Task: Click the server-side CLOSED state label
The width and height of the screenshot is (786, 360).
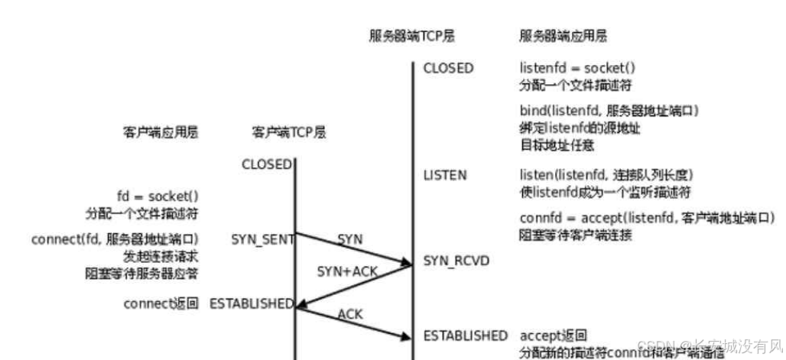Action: coord(448,68)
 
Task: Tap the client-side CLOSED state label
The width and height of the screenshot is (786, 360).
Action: coord(266,164)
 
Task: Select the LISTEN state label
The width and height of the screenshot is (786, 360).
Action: coord(444,175)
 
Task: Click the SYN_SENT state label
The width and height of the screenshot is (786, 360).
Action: coord(262,239)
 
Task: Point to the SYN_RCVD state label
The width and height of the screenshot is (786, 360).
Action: coord(456,261)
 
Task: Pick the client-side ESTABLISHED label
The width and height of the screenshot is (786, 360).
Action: coord(251,303)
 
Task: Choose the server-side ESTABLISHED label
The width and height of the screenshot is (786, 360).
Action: coord(465,336)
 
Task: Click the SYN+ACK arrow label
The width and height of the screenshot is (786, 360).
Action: coord(347,272)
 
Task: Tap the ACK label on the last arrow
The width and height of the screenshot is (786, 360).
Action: coord(349,313)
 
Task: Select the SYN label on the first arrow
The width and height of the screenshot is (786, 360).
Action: coord(350,239)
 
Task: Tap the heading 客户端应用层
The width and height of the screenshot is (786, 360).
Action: coord(161,132)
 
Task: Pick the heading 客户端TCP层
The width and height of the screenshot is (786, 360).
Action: coord(288,132)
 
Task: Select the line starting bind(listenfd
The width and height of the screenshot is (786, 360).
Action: coord(609,111)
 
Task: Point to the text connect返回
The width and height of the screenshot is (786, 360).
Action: coord(161,303)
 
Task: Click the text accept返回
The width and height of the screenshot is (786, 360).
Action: coord(554,336)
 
